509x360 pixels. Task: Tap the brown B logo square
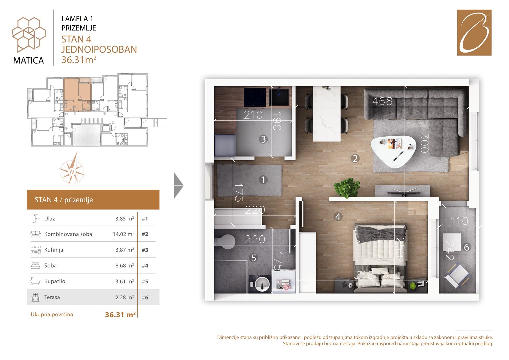point(474,33)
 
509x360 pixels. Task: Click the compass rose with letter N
point(72,168)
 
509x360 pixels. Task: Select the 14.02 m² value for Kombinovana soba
point(123,234)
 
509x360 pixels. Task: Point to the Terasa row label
point(52,297)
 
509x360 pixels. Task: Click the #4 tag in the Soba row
point(145,265)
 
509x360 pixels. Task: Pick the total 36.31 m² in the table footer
point(120,315)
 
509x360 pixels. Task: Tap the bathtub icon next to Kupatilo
point(35,281)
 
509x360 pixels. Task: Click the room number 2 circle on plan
point(355,158)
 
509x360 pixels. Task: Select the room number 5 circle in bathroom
point(254,258)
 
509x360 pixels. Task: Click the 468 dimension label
point(382,101)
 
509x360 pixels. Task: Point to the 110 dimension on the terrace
point(459,221)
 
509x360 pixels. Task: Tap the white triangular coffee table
point(393,151)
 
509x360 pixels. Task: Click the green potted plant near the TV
point(347,188)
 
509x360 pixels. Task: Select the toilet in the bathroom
point(225,240)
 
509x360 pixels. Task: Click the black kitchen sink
point(279,97)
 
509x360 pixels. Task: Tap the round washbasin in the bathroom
point(262,284)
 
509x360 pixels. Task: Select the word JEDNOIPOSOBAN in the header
point(99,49)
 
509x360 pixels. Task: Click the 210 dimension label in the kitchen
point(253,115)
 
